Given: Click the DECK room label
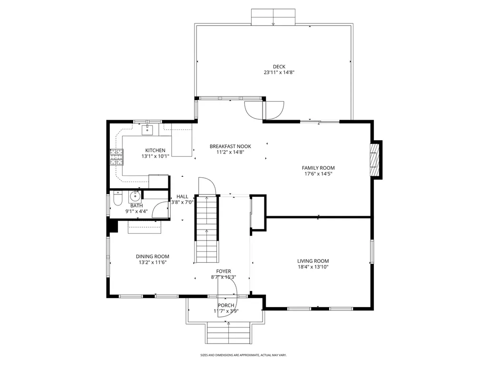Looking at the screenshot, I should (279, 67).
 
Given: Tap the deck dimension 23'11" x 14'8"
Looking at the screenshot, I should (279, 73).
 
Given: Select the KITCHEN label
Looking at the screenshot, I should (155, 150).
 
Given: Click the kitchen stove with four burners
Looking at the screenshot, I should (117, 157).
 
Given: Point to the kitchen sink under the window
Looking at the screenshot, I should (147, 128).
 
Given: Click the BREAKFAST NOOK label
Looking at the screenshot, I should (230, 146).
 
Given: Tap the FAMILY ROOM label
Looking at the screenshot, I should (318, 168).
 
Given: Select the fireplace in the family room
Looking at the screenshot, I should (376, 160).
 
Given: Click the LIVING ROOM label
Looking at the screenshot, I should (313, 261).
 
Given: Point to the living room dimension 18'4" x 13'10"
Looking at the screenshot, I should (313, 267).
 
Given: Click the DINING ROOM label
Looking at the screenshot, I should (153, 256).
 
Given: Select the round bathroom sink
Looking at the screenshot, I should (135, 196).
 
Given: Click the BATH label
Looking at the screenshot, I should (136, 206).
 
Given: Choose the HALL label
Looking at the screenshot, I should (182, 196).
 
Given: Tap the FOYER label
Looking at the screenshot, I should (224, 271).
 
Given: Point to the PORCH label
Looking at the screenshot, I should (226, 305).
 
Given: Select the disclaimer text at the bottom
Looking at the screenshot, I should (243, 355).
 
